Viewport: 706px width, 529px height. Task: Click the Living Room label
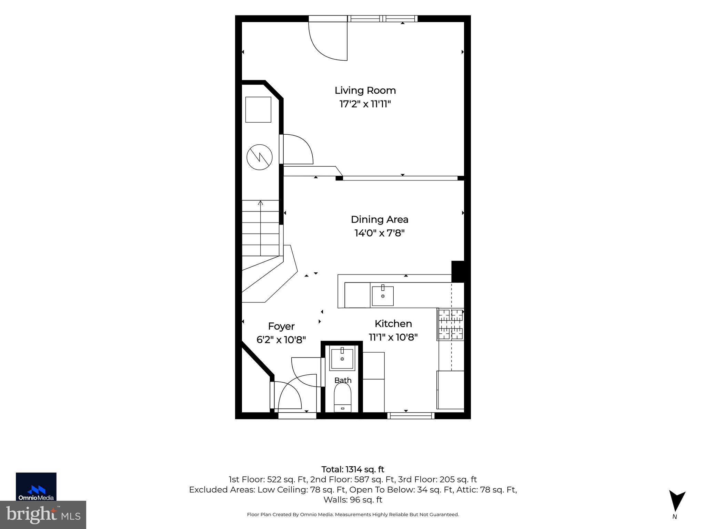[365, 91]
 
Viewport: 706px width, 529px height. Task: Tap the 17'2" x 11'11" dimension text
[365, 104]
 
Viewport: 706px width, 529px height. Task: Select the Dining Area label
[380, 219]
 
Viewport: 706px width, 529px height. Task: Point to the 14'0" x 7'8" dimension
[380, 233]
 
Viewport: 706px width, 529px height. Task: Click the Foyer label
[281, 326]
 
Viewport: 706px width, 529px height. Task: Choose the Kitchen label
[393, 324]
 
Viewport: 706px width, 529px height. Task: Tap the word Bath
[343, 380]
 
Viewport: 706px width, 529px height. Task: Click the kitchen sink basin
[383, 296]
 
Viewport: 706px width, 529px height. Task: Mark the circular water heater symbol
[260, 157]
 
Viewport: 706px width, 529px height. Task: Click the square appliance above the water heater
[258, 110]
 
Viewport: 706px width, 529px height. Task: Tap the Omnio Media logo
[36, 486]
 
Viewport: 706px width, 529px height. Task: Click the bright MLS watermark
[43, 515]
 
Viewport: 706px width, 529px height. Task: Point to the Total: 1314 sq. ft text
[353, 469]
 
